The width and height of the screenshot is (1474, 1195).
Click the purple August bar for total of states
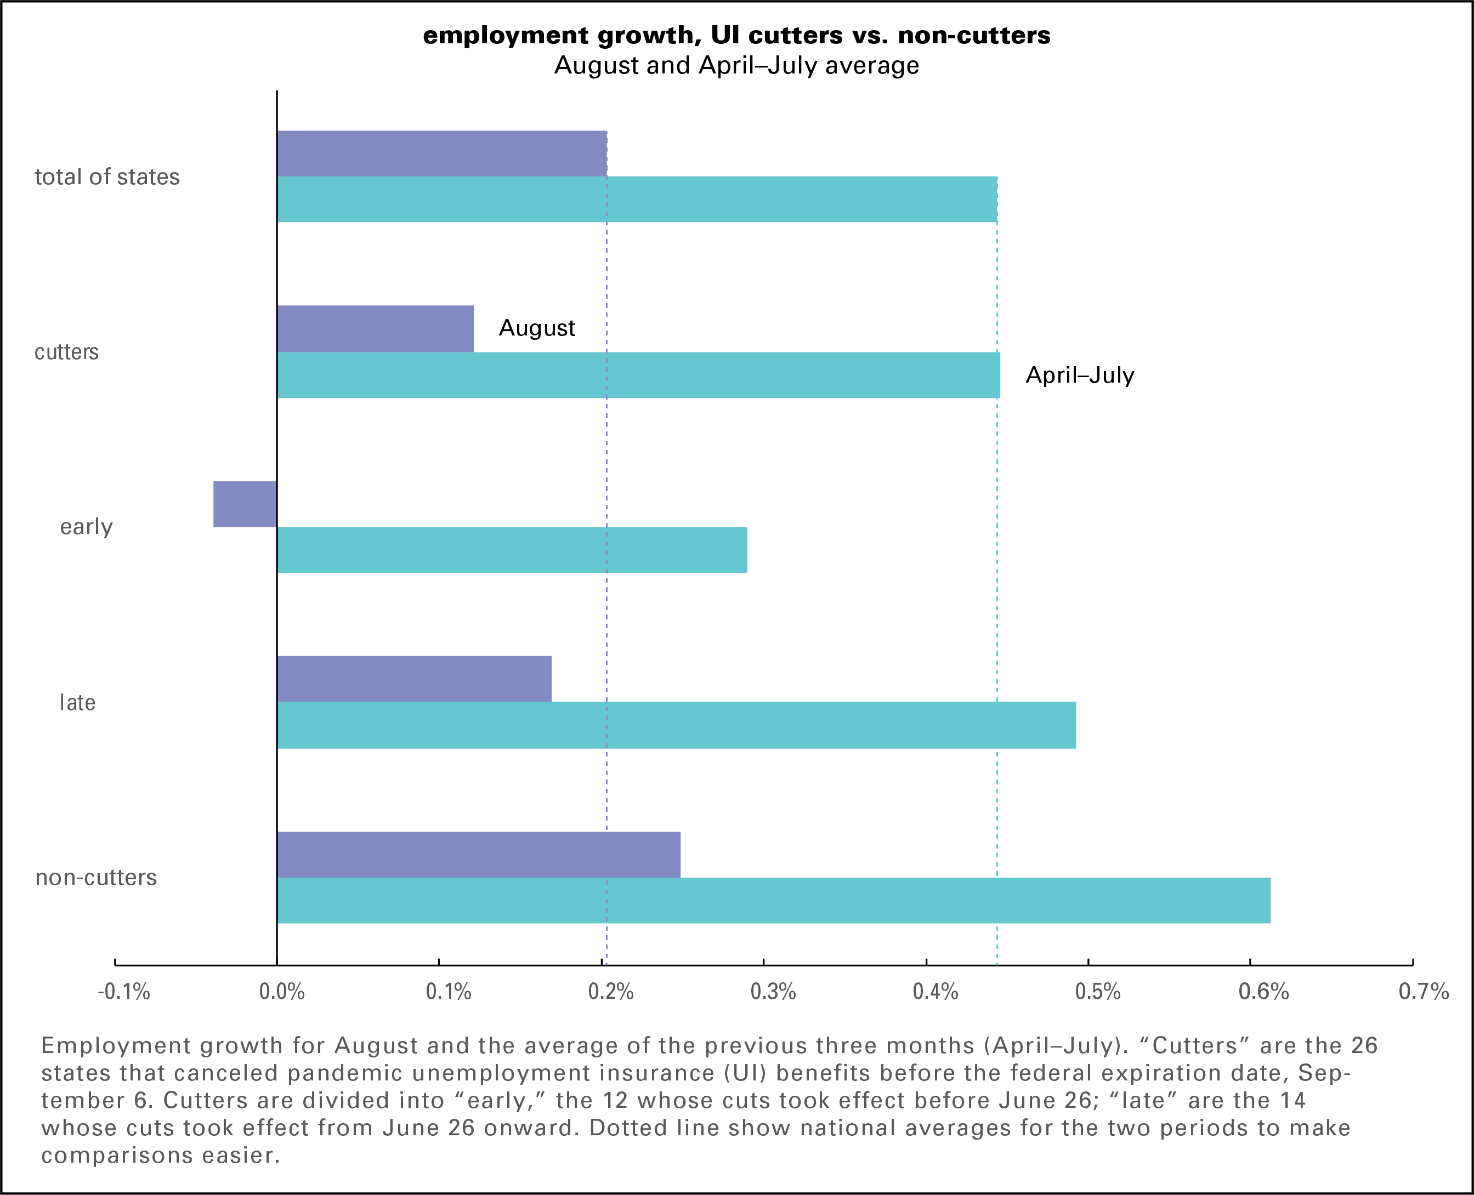441,153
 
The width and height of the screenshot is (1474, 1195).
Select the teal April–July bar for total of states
637,200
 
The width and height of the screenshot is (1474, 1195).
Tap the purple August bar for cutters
375,328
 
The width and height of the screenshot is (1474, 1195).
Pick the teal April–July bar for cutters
638,375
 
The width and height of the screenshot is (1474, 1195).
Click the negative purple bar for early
245,504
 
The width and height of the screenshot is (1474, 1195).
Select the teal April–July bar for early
512,550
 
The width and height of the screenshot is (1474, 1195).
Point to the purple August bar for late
414,679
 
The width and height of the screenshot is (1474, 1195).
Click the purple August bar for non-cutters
479,854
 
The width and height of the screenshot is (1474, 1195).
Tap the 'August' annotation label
536,328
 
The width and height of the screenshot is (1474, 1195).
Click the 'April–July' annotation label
1080,375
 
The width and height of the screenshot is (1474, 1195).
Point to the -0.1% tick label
124,992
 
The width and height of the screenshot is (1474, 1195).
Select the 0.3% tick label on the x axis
773,992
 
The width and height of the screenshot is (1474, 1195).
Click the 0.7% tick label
1423,992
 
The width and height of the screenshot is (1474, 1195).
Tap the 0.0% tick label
281,992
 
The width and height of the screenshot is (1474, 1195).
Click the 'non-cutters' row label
96,878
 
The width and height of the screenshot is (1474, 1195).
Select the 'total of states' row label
107,177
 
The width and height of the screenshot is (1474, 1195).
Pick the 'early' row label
86,527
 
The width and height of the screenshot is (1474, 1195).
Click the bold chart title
736,35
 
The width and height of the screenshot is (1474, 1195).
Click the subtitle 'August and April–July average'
736,65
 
